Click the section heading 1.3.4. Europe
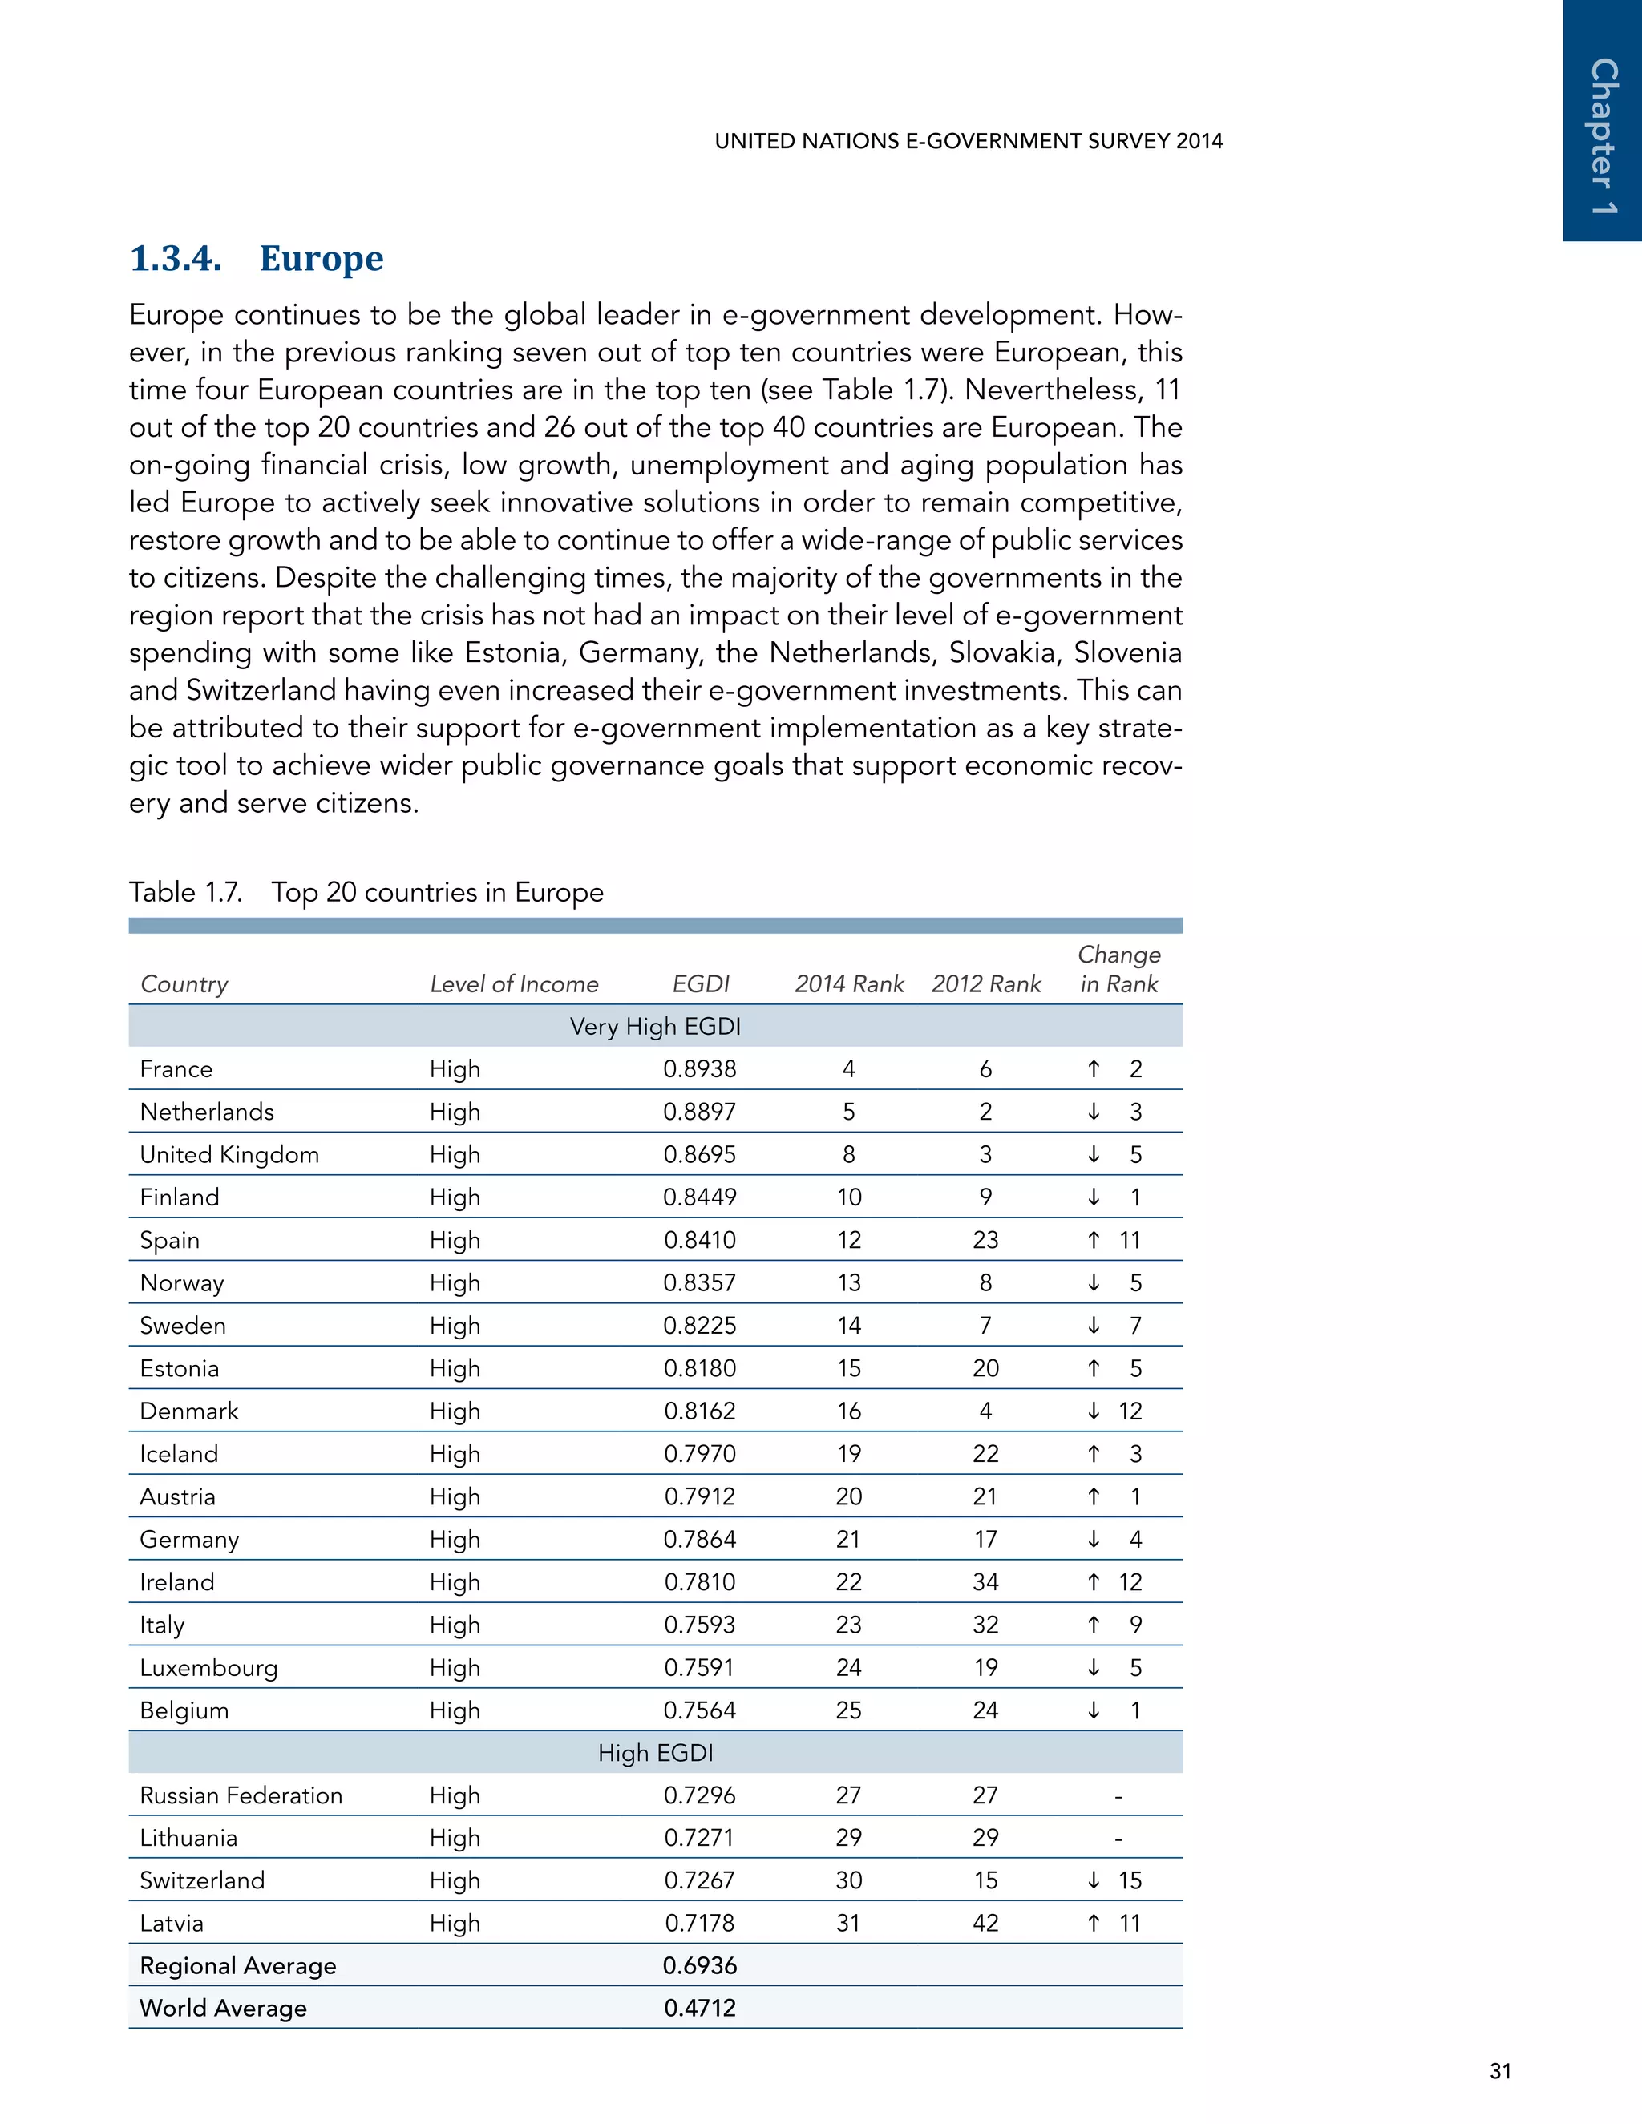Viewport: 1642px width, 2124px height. tap(257, 259)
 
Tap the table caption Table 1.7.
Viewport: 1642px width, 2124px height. tap(186, 892)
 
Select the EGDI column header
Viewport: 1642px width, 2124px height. tap(701, 984)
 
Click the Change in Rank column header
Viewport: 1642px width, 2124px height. tap(1118, 970)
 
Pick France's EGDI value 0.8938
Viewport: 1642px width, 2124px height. tap(699, 1068)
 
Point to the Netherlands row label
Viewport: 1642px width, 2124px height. tap(207, 1112)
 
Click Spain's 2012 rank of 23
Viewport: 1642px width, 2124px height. tap(985, 1240)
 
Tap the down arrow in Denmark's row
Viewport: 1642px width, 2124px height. tap(1094, 1411)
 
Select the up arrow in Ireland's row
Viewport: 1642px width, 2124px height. tap(1094, 1582)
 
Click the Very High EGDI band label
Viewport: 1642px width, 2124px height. tap(655, 1027)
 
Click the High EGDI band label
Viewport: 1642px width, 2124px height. tap(655, 1754)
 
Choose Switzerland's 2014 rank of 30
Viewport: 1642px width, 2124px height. tap(848, 1881)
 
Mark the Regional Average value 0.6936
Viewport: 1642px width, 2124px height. tap(699, 1965)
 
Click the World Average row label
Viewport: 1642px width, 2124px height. tap(223, 2009)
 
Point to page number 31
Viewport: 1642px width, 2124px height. tap(1500, 2071)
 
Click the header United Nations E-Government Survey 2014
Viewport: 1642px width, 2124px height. tap(968, 141)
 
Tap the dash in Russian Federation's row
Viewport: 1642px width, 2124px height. tap(1118, 1796)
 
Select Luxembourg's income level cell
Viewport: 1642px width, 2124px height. tap(455, 1668)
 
